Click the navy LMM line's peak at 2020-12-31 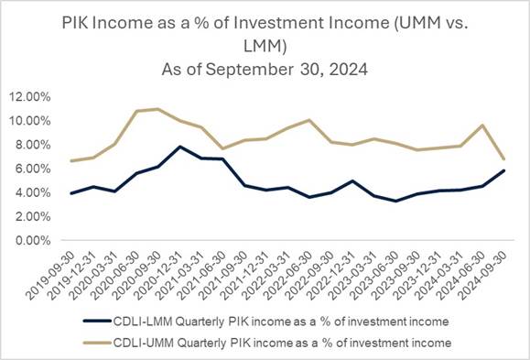[179, 147]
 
